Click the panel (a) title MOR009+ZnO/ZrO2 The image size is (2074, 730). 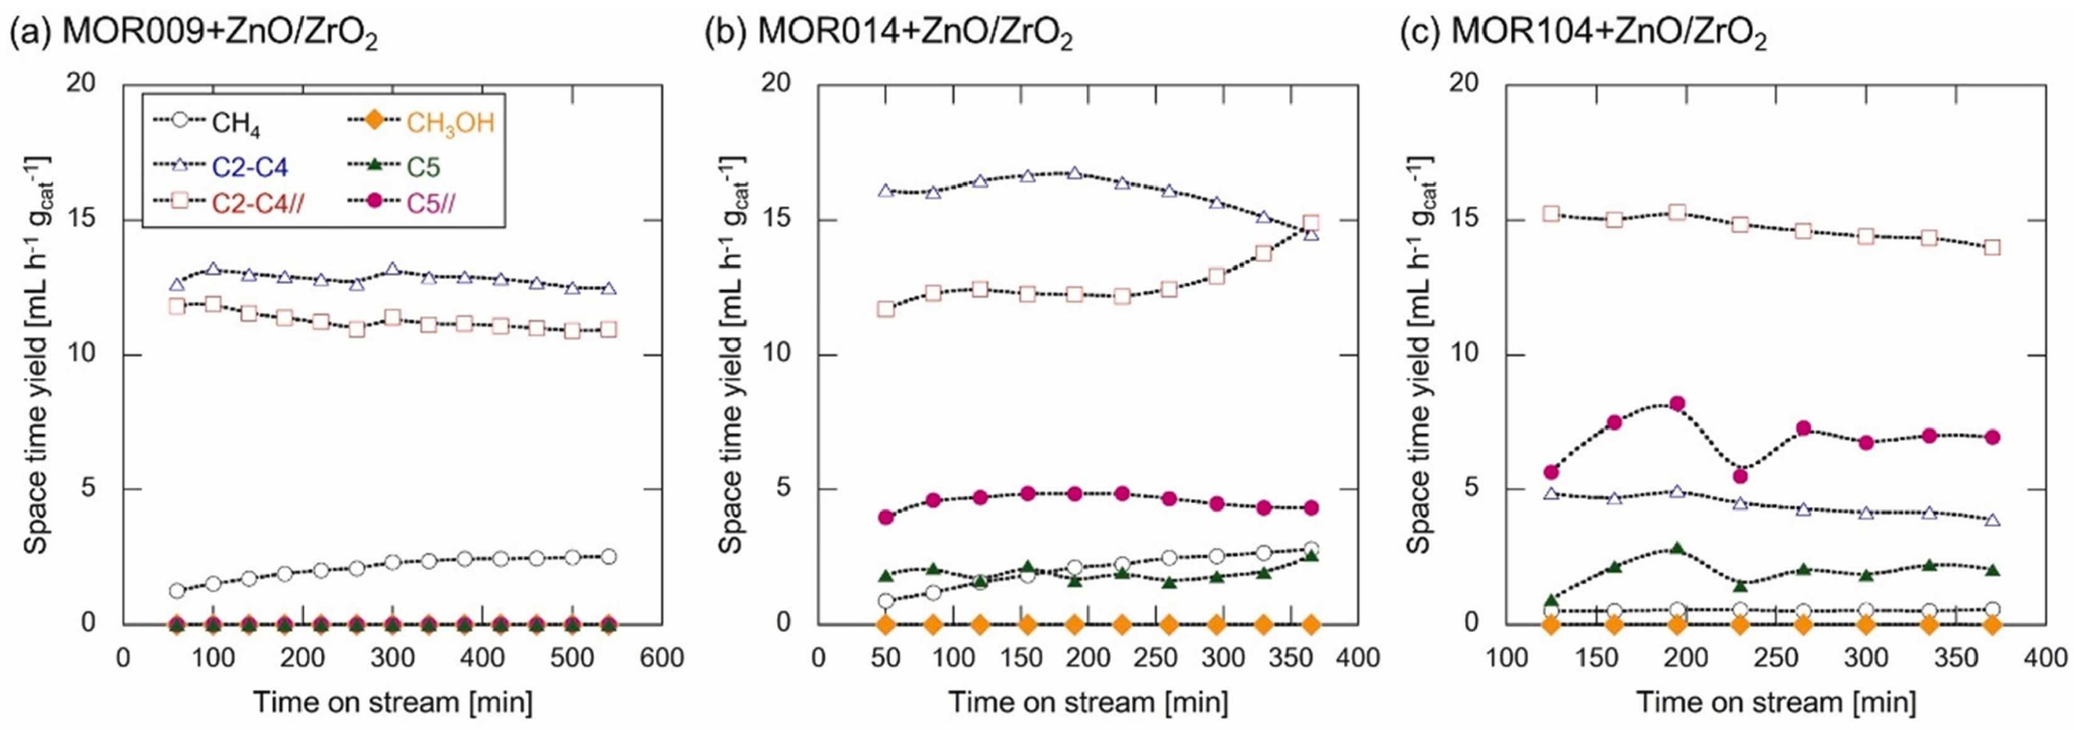click(x=193, y=34)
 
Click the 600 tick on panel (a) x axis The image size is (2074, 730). click(x=662, y=658)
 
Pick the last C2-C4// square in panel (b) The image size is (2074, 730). click(x=1311, y=223)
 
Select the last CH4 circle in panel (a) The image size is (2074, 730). click(x=608, y=556)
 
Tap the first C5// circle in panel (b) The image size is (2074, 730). click(x=886, y=517)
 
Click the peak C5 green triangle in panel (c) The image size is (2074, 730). click(x=1677, y=548)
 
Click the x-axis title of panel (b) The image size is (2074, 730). click(x=1088, y=702)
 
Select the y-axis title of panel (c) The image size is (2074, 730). click(x=1421, y=354)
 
